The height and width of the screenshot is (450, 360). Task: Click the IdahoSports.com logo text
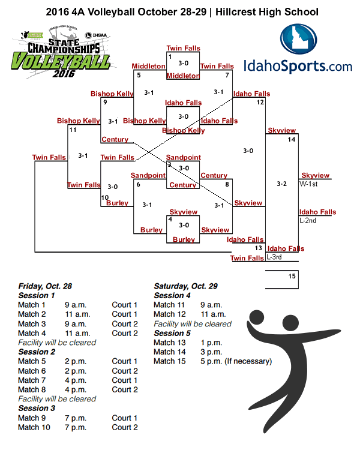(298, 65)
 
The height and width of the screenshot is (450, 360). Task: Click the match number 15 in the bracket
(292, 277)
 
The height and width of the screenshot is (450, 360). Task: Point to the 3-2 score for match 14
(281, 184)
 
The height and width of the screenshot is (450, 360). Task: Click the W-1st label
(308, 184)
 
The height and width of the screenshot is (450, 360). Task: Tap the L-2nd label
(308, 221)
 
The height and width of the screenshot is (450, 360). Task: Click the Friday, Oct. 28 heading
(45, 286)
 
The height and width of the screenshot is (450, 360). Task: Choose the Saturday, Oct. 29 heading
(185, 286)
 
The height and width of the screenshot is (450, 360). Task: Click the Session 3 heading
(37, 408)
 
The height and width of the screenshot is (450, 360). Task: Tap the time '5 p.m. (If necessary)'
(236, 361)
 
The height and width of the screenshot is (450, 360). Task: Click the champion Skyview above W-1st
(316, 175)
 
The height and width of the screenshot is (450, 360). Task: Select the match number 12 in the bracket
(260, 102)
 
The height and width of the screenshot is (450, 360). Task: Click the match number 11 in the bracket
(73, 130)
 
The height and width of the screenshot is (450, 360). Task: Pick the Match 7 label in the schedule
(32, 380)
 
